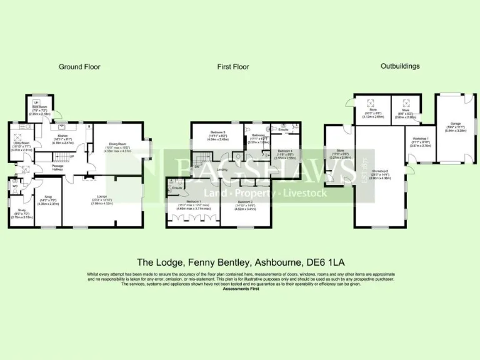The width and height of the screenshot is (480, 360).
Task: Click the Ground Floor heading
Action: (79, 66)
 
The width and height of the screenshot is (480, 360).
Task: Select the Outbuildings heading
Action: (400, 66)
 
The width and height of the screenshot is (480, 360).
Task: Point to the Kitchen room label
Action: (62, 136)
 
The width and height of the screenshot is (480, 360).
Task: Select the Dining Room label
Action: (117, 144)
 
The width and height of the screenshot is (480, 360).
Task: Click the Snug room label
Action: (47, 197)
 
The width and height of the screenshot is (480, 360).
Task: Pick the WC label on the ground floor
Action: (15, 186)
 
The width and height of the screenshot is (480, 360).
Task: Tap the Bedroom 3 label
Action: (206, 132)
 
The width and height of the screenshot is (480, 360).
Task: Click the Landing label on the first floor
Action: (221, 169)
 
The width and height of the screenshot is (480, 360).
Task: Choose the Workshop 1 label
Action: (420, 139)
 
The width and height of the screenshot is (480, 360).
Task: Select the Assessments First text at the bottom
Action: (240, 289)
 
